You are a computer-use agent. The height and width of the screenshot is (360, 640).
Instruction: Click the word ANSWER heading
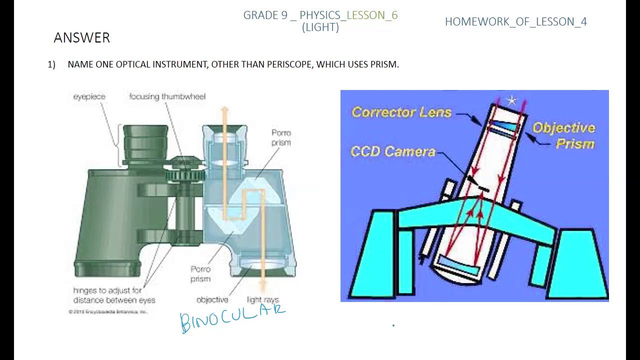pyautogui.click(x=81, y=38)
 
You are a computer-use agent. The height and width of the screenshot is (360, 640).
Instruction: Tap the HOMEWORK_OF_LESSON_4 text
pyautogui.click(x=515, y=21)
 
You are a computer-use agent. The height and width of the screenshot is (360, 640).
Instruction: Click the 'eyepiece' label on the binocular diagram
pyautogui.click(x=89, y=96)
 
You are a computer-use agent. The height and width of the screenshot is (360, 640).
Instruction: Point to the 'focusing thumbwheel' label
pyautogui.click(x=167, y=96)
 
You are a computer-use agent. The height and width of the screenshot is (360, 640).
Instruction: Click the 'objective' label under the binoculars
pyautogui.click(x=212, y=299)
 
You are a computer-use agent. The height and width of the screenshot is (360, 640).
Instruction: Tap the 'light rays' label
pyautogui.click(x=262, y=299)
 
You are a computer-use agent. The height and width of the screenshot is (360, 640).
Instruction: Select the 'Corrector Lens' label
pyautogui.click(x=401, y=112)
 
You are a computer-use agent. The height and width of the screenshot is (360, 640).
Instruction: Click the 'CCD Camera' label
pyautogui.click(x=393, y=151)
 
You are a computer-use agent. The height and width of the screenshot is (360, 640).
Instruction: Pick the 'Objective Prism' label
pyautogui.click(x=564, y=135)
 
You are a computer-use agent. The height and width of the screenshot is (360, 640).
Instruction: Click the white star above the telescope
pyautogui.click(x=511, y=101)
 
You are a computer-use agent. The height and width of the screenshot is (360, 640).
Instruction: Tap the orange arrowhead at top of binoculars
pyautogui.click(x=224, y=109)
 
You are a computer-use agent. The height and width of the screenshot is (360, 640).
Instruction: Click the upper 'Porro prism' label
pyautogui.click(x=281, y=137)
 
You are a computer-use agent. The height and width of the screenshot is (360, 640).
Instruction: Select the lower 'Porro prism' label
pyautogui.click(x=200, y=274)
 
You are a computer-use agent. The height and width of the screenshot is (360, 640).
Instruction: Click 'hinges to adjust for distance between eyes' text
pyautogui.click(x=114, y=295)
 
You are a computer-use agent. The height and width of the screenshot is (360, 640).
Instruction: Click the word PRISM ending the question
pyautogui.click(x=384, y=64)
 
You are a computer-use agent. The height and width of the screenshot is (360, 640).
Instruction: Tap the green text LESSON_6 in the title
pyautogui.click(x=372, y=15)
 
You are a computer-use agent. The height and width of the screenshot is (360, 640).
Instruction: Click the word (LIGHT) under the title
pyautogui.click(x=320, y=27)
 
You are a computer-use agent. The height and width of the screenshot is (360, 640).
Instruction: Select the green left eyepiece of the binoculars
pyautogui.click(x=145, y=142)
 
